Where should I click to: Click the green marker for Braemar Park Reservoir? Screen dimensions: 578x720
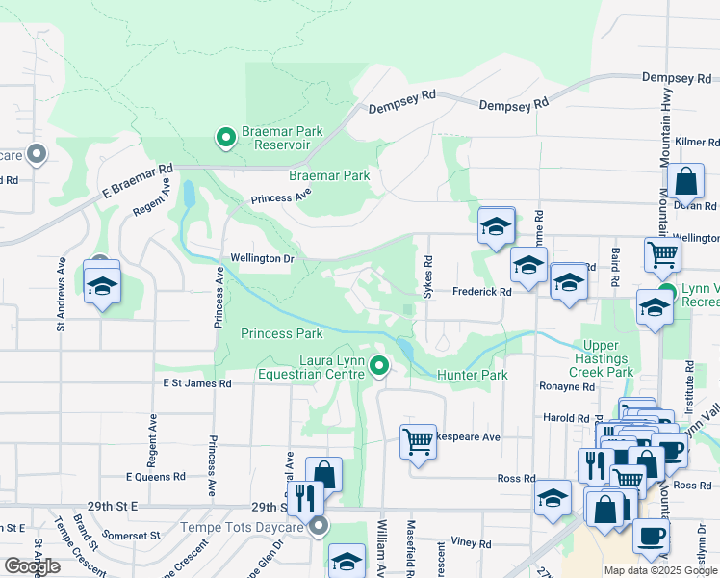point(226,139)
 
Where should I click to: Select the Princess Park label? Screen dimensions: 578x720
point(281,333)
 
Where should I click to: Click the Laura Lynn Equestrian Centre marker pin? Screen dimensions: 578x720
point(379,365)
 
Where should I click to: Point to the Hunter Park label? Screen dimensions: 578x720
point(472,374)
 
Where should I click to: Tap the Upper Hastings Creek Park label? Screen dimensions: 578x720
point(608,358)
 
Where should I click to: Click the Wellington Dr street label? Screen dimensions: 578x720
point(261,258)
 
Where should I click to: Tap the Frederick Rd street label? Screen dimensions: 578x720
point(481,290)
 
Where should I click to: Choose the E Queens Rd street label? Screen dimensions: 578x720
point(155,476)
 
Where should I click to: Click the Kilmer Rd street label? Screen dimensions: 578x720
point(697,142)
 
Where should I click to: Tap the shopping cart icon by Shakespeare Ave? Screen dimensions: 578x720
point(418,440)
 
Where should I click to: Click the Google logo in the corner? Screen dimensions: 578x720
point(33,565)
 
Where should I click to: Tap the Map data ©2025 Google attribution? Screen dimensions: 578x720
point(659,570)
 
